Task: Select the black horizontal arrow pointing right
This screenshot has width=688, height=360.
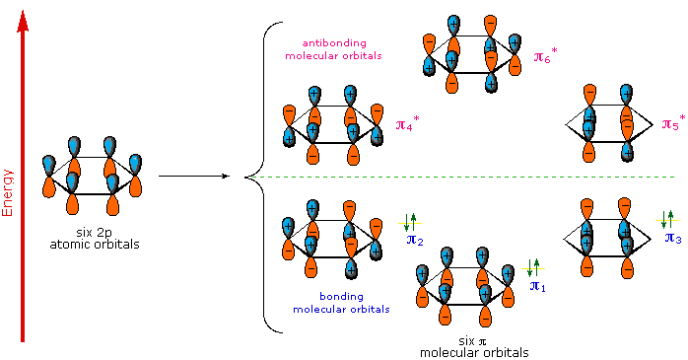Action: click(x=193, y=177)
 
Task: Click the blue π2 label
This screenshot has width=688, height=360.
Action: click(x=415, y=239)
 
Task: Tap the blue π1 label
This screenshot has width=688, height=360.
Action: click(x=537, y=286)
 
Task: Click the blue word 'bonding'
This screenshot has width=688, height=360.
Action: click(x=340, y=296)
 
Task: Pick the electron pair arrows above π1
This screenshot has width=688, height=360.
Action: click(x=533, y=267)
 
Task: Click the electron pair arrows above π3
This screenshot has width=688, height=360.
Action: click(x=668, y=218)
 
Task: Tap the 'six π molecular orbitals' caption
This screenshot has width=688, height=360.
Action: click(x=473, y=346)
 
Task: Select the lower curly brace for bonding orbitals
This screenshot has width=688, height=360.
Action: click(x=263, y=256)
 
